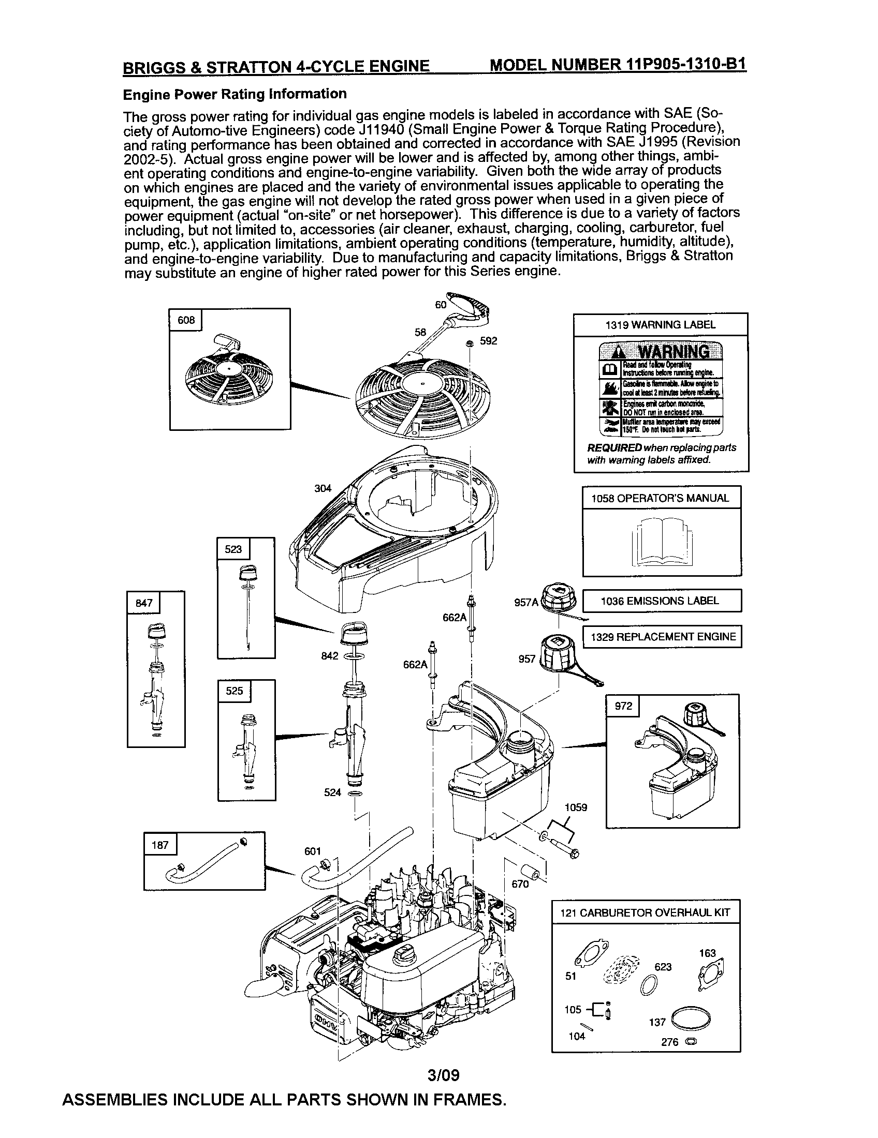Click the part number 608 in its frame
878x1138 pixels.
pos(186,320)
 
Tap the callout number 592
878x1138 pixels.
pos(489,341)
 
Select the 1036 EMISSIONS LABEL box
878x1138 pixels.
pos(661,601)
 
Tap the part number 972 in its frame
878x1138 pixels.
pos(623,706)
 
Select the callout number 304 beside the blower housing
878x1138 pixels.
pos(323,488)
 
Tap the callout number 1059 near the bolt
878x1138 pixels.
pos(576,807)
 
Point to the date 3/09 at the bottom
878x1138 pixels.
pos(443,1075)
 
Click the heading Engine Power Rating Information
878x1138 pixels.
pos(235,94)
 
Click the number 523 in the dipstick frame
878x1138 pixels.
pos(233,549)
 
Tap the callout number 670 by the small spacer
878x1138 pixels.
pos(520,884)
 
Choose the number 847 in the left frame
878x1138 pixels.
pos(144,603)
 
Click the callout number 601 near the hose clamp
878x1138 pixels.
pos(312,851)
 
